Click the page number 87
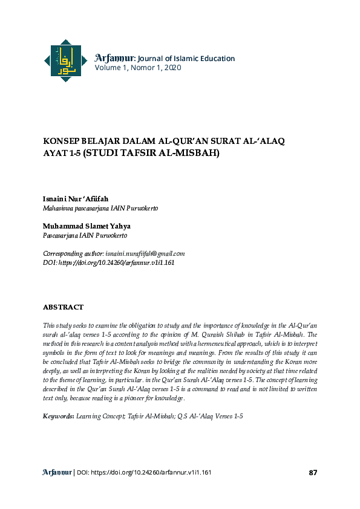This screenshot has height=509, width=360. (x=313, y=472)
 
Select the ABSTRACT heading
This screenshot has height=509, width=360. (x=63, y=307)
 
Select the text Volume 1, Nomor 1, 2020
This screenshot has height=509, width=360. (x=137, y=68)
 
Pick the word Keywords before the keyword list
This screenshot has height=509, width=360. (x=58, y=417)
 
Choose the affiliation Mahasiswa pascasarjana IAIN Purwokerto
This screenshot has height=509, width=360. (x=100, y=208)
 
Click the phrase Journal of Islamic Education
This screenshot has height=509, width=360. (x=186, y=59)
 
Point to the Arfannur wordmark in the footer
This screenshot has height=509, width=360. (x=57, y=472)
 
